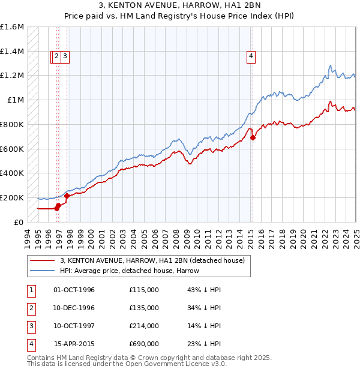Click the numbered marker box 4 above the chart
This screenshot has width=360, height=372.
[x=250, y=57]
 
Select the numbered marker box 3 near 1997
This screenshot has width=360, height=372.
[x=64, y=57]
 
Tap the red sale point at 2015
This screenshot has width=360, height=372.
[x=253, y=137]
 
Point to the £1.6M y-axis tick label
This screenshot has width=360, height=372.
[x=12, y=27]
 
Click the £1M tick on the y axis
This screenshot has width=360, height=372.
[x=16, y=100]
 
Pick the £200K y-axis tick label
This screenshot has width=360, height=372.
[x=12, y=197]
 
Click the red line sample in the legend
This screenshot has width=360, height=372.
[x=42, y=261]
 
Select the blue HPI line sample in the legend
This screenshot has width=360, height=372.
[x=42, y=271]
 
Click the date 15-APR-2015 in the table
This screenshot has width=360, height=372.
[x=74, y=344]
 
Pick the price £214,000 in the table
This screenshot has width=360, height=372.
[x=144, y=326]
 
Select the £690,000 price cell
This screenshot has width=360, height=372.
[x=144, y=344]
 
